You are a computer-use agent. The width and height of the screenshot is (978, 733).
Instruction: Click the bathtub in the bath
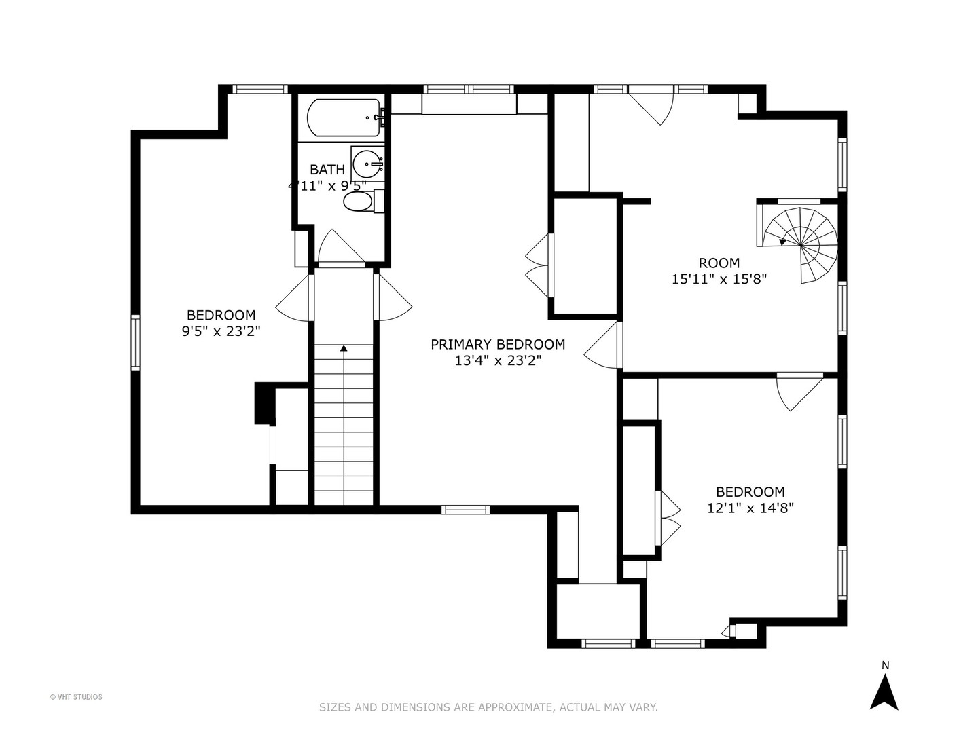coord(343,117)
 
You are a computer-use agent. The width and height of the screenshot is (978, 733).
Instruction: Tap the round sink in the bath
coord(367,164)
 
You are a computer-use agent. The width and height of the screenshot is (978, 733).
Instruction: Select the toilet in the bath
coord(363,202)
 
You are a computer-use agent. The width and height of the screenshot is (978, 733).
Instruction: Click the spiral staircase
coord(801,245)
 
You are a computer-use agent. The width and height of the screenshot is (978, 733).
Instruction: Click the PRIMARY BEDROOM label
coord(498,344)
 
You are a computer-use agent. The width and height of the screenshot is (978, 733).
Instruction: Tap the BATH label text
coord(327,170)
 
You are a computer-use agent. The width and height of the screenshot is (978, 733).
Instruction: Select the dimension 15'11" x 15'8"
coord(719,279)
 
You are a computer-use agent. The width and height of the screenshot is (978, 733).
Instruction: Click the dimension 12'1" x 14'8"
coord(750,508)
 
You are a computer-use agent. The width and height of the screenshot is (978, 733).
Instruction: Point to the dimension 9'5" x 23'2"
coord(221,331)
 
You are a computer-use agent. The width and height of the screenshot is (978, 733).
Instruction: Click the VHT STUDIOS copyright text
coord(76,697)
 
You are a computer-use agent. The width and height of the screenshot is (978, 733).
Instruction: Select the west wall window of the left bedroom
coord(135,342)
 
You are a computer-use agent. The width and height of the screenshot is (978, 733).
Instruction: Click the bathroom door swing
coord(341,247)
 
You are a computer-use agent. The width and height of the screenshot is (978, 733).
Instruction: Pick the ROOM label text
coord(719,263)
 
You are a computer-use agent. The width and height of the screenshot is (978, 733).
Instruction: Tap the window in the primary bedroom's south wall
coord(465,510)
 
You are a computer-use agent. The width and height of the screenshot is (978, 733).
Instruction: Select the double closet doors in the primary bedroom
coord(539,265)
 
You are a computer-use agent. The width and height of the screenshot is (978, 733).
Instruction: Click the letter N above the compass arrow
coord(885,665)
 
